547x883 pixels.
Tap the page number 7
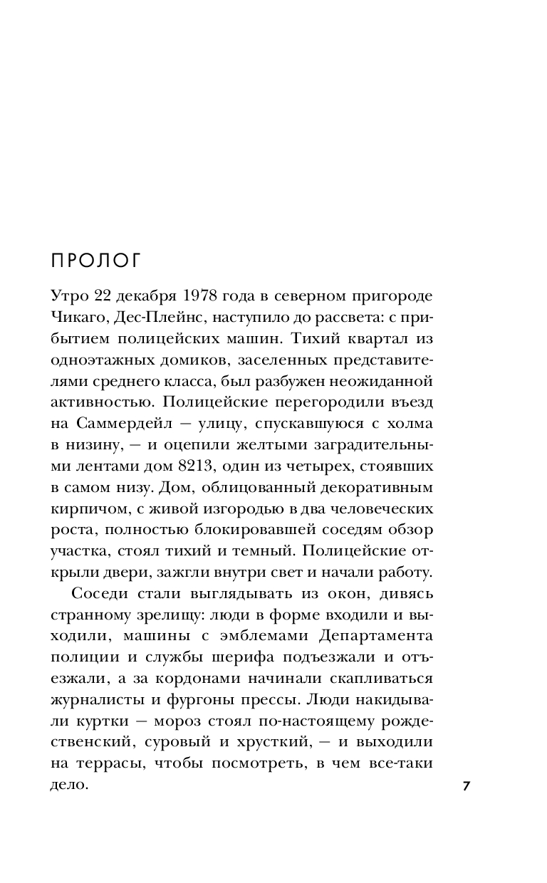(467, 786)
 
